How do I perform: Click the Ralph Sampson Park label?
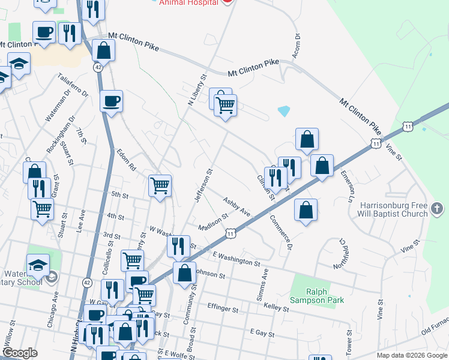316,295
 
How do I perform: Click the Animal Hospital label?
187,2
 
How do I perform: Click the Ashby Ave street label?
237,206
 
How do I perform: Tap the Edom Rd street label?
128,160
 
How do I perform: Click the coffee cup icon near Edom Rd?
112,101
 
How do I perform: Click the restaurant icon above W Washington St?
178,245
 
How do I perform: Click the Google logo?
20,353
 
